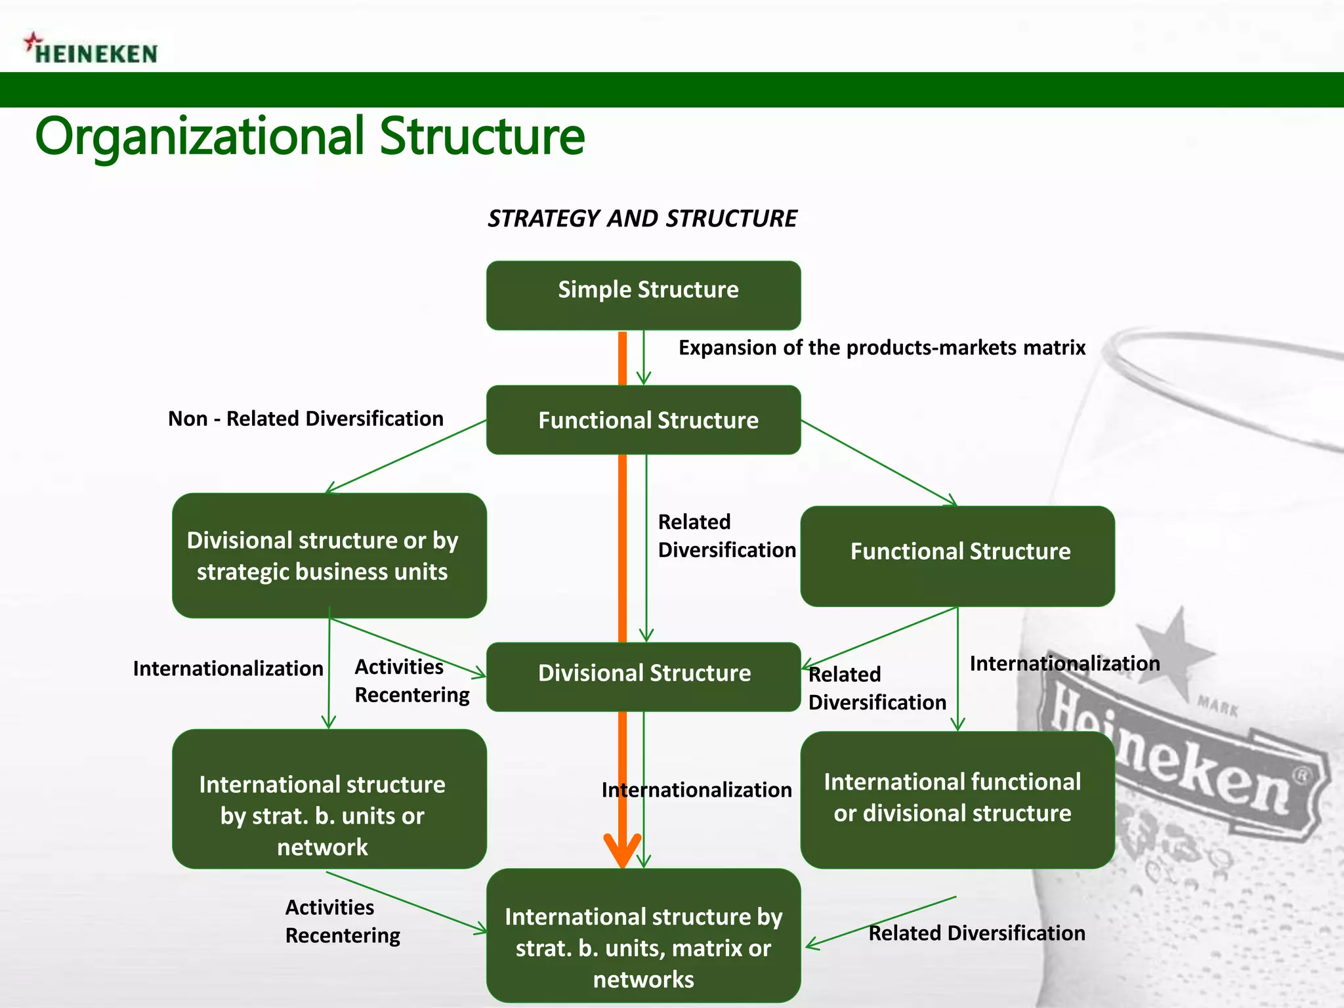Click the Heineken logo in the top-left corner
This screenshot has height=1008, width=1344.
[92, 50]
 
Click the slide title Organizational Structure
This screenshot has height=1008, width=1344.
[310, 136]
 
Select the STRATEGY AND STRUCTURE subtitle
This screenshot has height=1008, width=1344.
[642, 219]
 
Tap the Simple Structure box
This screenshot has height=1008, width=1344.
[643, 295]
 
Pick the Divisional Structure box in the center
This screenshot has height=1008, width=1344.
[643, 676]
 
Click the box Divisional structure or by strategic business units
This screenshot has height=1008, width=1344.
[329, 555]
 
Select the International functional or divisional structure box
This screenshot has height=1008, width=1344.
[957, 799]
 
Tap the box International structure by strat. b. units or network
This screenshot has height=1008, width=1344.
[329, 799]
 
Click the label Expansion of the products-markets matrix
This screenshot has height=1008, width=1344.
[881, 348]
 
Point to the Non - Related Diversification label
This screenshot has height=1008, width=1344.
[306, 419]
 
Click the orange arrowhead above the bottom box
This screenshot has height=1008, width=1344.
[622, 850]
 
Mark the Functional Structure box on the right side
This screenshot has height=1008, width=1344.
[957, 555]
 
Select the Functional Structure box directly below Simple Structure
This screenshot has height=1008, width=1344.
[643, 420]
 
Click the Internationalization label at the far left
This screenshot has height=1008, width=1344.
[228, 669]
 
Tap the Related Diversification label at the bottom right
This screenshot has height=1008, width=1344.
[976, 933]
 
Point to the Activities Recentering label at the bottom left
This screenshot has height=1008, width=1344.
[343, 921]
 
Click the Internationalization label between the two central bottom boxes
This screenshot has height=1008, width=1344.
[697, 790]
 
